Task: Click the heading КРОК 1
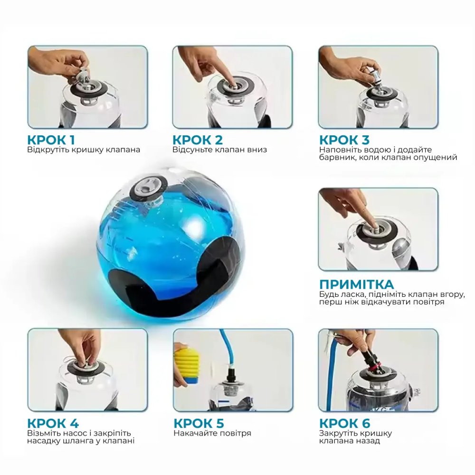coord(51,140)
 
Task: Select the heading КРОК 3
coord(344,140)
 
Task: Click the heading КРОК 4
coord(53,423)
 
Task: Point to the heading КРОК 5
coord(199,423)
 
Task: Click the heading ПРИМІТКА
coord(356,284)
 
